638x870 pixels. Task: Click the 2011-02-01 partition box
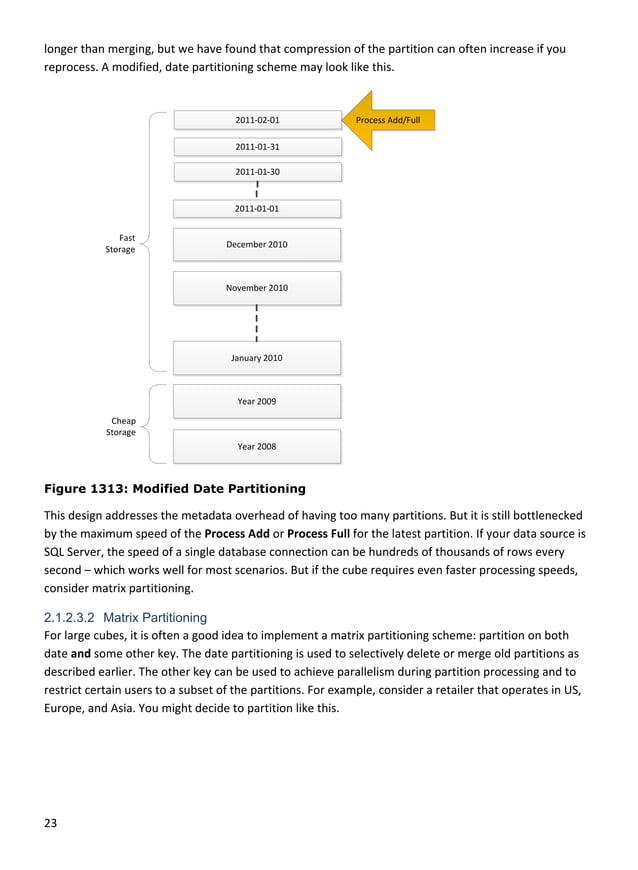[257, 120]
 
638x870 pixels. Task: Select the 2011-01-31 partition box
[257, 147]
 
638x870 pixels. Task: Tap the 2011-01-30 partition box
[257, 172]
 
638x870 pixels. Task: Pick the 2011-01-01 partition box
[257, 209]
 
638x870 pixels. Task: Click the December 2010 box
[257, 245]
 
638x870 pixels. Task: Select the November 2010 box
[257, 288]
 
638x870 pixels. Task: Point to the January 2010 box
[257, 358]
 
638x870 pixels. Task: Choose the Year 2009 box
[257, 402]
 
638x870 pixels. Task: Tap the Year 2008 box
[257, 447]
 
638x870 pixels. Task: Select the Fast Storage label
[122, 244]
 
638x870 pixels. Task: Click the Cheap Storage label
[122, 427]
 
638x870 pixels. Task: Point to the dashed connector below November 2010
[257, 323]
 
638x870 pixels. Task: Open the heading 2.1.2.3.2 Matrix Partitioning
[125, 618]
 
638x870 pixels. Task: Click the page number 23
[50, 824]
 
